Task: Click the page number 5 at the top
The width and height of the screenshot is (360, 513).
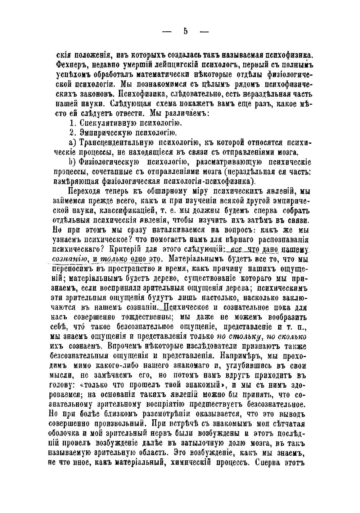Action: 185,31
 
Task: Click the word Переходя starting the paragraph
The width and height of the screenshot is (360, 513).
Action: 84,191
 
